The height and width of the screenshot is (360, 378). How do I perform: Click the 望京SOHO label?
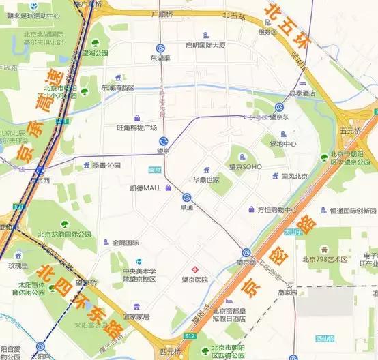tap(245, 166)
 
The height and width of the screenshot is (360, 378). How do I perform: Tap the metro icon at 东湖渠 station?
tap(160, 48)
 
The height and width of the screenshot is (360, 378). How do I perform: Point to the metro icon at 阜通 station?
tap(186, 197)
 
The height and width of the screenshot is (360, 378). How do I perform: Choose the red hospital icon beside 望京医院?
tap(194, 267)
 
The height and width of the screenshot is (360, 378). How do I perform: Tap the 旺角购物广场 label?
tap(136, 127)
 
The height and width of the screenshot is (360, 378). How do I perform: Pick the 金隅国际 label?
tap(125, 242)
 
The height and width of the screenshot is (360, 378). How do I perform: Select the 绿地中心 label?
tap(283, 144)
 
